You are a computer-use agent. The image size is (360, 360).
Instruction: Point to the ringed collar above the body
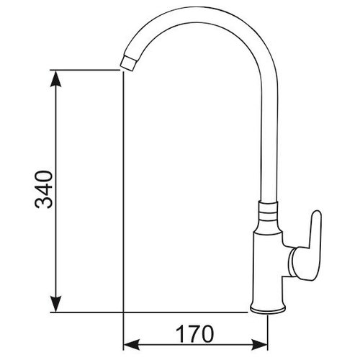coord(268,212)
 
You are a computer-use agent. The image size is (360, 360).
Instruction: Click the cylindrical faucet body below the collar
coord(268,266)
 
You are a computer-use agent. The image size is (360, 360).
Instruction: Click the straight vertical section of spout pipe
coord(268,144)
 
